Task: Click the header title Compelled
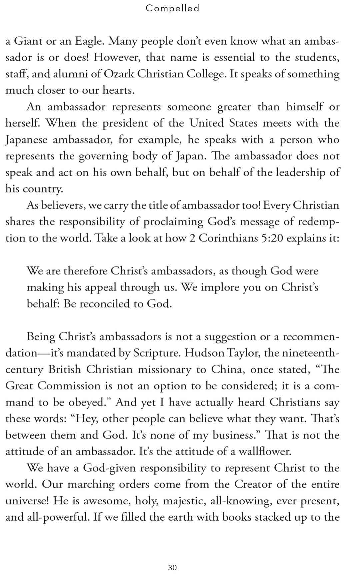[x=172, y=8]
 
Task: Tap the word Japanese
[x=26, y=140]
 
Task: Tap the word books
[x=237, y=517]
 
